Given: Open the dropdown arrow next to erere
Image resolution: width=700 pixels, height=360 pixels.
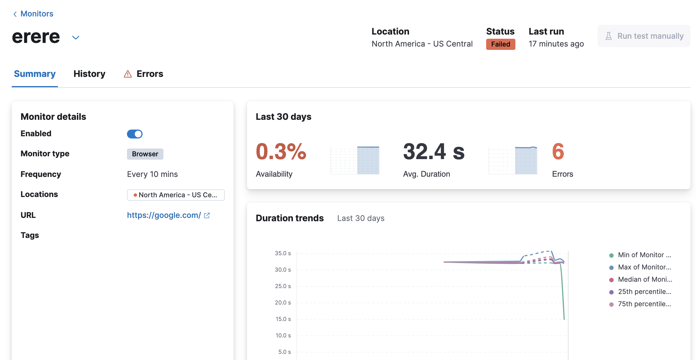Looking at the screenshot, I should (x=76, y=37).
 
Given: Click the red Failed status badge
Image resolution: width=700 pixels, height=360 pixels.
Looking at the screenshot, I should (x=500, y=44).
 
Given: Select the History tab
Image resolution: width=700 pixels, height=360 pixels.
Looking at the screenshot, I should (x=89, y=74).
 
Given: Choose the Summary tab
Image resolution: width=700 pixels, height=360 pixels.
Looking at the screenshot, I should (x=35, y=74).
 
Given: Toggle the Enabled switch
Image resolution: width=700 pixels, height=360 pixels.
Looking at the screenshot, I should (x=135, y=134).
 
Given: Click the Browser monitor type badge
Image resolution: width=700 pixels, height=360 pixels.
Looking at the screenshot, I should (x=145, y=154).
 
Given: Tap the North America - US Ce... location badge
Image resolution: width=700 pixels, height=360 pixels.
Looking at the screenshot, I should (x=176, y=195).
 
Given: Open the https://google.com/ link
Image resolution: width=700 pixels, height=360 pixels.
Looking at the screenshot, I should (x=164, y=215).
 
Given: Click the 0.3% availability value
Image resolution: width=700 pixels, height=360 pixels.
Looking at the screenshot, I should (x=281, y=152).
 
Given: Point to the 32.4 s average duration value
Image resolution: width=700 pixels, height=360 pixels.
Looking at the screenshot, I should (x=434, y=152).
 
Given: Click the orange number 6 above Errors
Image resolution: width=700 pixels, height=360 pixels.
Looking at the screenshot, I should (x=558, y=152).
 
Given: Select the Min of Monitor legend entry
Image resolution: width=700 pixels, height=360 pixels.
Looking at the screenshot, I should (x=640, y=255).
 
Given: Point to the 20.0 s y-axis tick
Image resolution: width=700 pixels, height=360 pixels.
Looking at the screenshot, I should (x=283, y=303).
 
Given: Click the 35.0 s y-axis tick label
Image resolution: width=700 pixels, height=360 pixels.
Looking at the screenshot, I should (x=283, y=253).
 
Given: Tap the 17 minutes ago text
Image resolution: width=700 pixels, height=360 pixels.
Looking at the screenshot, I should (x=556, y=44).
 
